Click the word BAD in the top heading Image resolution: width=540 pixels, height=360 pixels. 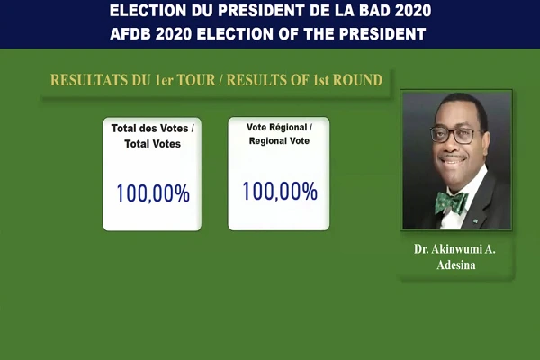(374, 11)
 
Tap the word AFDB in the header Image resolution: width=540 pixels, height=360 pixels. (130, 34)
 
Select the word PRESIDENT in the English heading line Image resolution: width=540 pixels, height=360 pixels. (382, 34)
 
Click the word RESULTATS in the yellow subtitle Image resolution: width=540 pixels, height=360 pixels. (89, 80)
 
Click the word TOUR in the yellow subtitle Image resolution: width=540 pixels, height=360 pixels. (196, 80)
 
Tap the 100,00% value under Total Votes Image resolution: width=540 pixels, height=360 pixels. (153, 193)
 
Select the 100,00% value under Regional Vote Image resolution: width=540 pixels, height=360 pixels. (280, 191)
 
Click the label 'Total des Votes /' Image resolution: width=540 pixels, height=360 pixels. (153, 129)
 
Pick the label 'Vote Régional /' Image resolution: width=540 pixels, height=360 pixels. (279, 128)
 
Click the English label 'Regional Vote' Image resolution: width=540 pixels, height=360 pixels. (279, 141)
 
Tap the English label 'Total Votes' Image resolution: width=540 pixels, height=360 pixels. (153, 144)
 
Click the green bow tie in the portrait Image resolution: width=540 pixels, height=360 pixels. (451, 202)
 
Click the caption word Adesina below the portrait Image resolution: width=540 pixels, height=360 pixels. (456, 265)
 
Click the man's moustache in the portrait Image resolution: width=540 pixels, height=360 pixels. (452, 157)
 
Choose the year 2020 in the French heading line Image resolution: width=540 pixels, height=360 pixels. (413, 11)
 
